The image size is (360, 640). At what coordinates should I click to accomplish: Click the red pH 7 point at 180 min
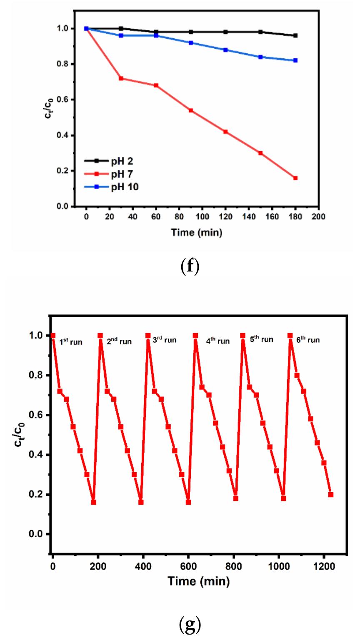295,178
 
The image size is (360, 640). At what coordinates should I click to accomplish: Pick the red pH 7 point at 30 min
121,78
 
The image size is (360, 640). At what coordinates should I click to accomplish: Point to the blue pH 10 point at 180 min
295,60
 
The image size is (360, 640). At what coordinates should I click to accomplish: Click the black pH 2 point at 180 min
295,35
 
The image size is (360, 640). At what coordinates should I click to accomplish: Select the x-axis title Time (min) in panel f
197,232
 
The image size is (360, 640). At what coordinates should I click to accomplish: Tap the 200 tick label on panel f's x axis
319,217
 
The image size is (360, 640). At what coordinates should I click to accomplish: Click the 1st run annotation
70,342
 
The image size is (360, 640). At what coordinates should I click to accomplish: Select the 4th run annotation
217,341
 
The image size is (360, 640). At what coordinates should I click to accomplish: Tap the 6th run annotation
308,340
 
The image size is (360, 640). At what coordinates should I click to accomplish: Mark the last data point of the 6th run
331,494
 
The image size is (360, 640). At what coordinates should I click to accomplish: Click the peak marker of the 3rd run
148,336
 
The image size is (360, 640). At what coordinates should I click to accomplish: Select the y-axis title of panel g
19,435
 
